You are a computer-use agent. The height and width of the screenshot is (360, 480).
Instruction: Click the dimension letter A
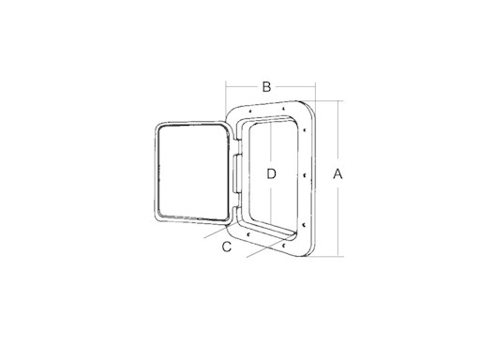(339, 173)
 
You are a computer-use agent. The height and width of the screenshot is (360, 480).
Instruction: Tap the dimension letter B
(267, 87)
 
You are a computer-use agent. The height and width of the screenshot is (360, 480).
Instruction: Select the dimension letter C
(227, 247)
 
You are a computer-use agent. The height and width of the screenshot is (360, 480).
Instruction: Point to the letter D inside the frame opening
(271, 173)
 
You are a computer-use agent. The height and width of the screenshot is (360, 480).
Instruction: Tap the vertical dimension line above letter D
(271, 141)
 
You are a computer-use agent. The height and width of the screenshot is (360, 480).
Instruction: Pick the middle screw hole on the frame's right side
(307, 174)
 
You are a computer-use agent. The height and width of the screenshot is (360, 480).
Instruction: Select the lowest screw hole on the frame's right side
(306, 226)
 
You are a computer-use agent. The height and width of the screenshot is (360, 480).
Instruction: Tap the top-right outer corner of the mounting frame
(317, 101)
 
